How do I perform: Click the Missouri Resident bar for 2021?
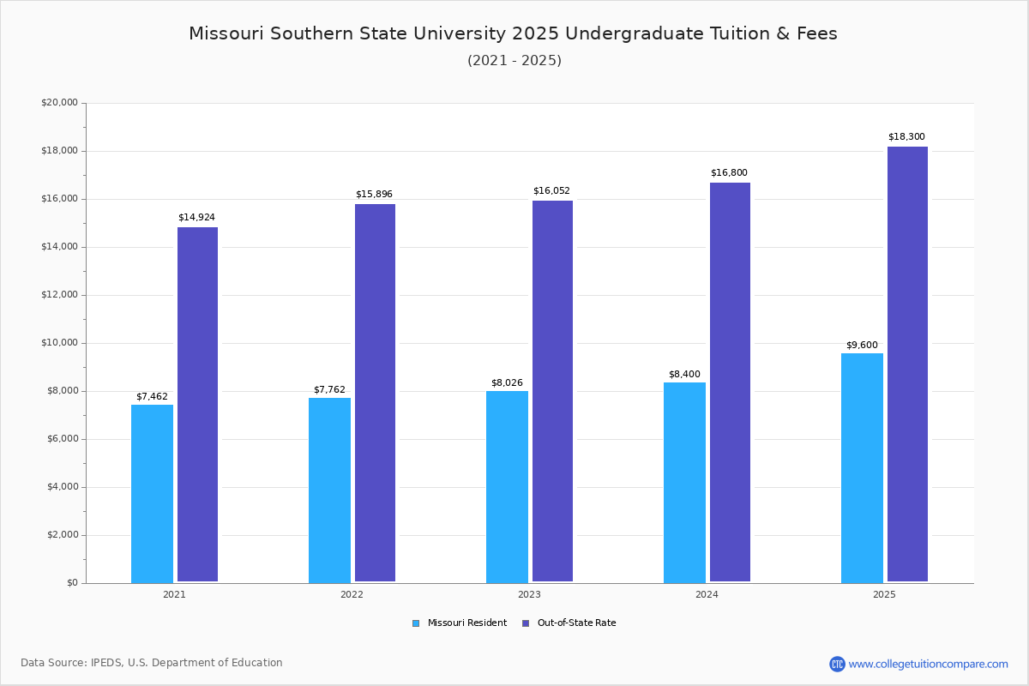[152, 493]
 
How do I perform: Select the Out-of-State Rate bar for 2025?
[907, 364]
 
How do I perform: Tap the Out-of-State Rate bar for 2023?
[552, 391]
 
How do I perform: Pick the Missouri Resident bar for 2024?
[684, 482]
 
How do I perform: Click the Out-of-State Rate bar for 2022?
[375, 393]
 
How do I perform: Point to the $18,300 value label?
[906, 137]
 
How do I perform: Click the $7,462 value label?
[152, 396]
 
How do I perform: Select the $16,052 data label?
[551, 191]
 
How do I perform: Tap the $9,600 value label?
[862, 345]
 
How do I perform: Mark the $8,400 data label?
[684, 374]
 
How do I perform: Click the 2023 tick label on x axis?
[529, 594]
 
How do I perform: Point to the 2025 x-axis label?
[884, 594]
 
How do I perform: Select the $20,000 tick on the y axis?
[59, 103]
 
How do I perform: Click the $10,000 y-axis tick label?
[59, 343]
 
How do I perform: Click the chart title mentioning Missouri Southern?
[513, 33]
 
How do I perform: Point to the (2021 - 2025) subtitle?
[514, 60]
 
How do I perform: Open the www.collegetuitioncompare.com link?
[927, 664]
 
